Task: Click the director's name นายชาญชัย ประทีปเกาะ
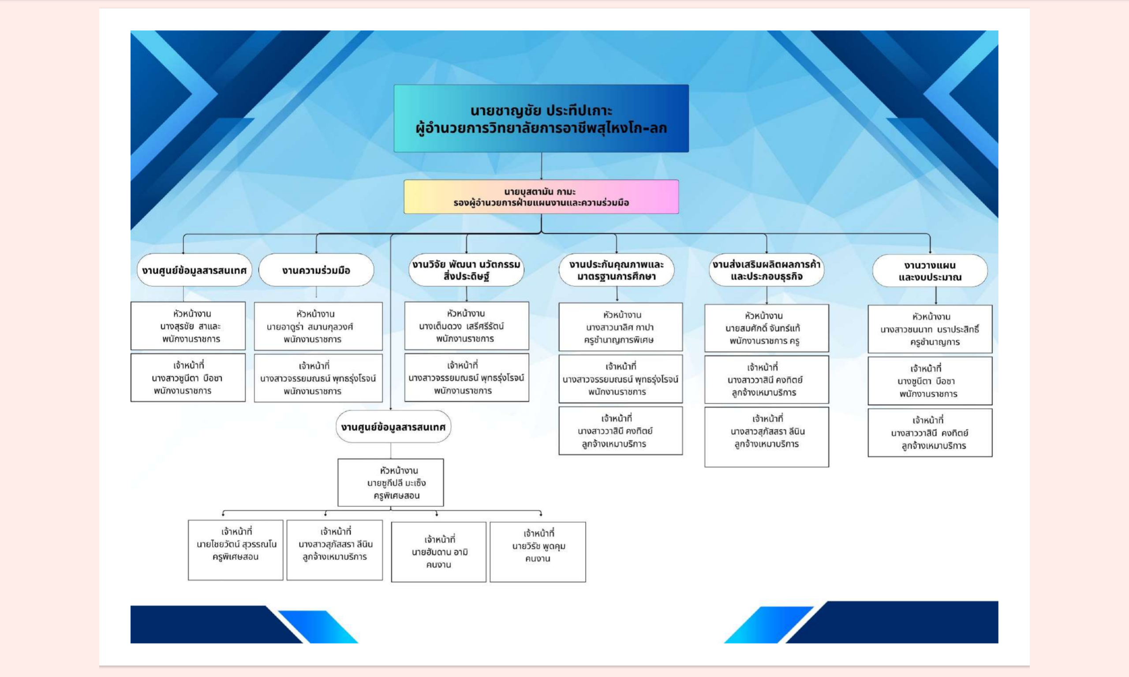(x=541, y=110)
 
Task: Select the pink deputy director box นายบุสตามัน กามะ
(x=541, y=197)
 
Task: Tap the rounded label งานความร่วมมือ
(x=316, y=270)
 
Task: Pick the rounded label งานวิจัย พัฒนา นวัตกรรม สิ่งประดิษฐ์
(x=467, y=270)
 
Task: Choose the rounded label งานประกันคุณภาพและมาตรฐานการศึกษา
(x=617, y=270)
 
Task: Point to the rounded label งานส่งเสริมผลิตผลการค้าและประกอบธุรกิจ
(x=766, y=270)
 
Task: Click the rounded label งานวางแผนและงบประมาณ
(x=930, y=271)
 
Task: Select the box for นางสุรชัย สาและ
(x=188, y=326)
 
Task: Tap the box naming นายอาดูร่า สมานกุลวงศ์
(x=318, y=326)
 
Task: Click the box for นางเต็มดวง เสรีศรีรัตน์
(x=467, y=326)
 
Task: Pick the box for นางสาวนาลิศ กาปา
(x=621, y=327)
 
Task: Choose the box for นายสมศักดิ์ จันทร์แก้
(x=766, y=328)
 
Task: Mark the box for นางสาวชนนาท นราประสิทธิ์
(x=930, y=329)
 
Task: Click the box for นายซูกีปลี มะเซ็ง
(x=391, y=483)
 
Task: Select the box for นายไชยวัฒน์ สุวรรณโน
(x=236, y=550)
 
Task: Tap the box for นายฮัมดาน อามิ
(x=438, y=552)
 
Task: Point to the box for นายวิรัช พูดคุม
(x=538, y=552)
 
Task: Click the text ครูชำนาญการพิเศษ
(x=619, y=340)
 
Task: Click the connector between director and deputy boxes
(x=542, y=166)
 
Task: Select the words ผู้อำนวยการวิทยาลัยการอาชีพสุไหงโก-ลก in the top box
(x=541, y=128)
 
